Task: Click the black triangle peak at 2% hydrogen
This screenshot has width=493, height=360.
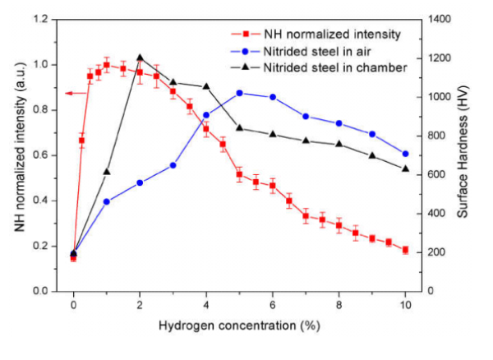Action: pos(140,58)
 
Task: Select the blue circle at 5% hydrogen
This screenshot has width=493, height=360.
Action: pos(239,93)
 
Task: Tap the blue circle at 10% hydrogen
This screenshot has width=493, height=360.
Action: pos(405,154)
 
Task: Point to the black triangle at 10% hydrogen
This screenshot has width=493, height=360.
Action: pos(405,168)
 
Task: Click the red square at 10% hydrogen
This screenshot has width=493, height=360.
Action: pos(405,250)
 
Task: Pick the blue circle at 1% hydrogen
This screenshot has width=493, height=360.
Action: pos(107,201)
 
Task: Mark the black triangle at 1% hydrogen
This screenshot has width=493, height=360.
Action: pos(107,172)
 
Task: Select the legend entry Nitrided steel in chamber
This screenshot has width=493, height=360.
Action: pos(335,67)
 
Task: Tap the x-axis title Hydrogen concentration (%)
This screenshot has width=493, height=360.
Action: pos(238,325)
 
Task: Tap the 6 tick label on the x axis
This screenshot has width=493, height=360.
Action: pos(273,304)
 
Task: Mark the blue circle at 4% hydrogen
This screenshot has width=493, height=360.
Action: pos(206,115)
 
